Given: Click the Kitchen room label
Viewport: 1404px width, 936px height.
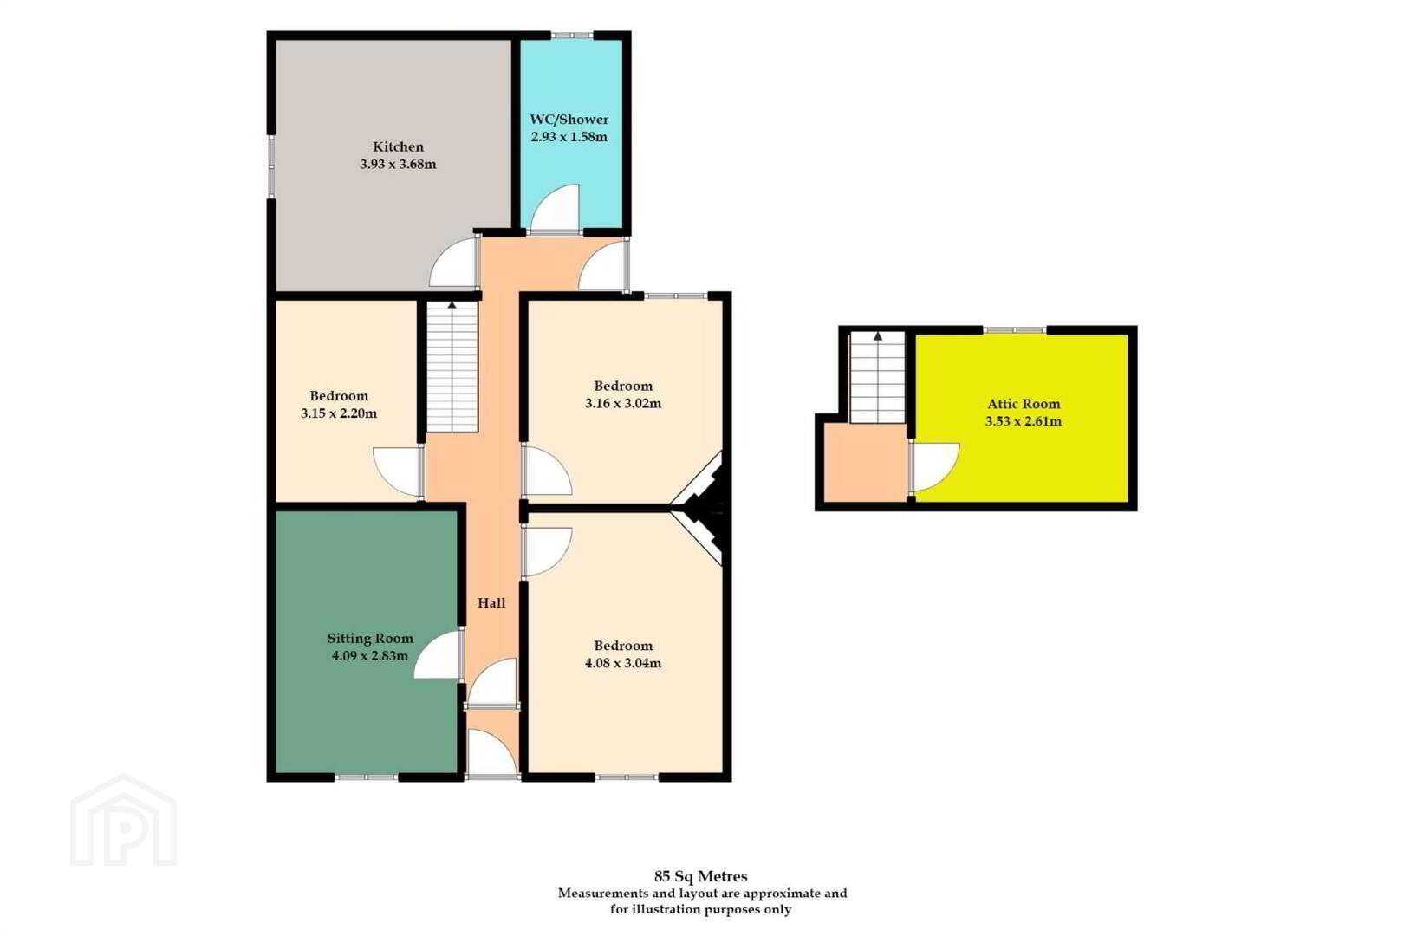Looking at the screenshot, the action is pos(398,146).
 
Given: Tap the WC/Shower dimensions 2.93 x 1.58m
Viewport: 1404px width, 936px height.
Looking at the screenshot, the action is pos(569,137).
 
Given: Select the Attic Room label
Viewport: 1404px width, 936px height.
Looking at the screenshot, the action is pos(1024,404).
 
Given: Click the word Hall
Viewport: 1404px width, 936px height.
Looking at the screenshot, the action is pos(491,603).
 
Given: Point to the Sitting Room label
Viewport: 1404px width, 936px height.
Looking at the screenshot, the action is pos(370,639).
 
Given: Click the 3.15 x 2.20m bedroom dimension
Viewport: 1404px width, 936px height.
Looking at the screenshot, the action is pos(339,413).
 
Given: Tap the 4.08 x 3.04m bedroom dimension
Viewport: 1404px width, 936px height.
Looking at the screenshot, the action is pos(623,663).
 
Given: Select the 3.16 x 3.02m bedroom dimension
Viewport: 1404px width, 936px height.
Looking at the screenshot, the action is pos(623,403).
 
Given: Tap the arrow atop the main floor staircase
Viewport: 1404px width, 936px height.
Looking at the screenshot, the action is pos(452,305).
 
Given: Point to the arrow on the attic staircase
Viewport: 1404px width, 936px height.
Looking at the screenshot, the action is pos(878,336).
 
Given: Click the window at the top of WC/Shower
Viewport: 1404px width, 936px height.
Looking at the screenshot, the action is pos(572,36).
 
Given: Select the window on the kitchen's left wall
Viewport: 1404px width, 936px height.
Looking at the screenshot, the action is pos(271,166).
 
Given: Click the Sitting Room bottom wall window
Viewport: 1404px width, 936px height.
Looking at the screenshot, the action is pos(367,777).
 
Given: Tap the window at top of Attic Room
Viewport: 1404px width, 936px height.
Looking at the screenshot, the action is pos(1015,329).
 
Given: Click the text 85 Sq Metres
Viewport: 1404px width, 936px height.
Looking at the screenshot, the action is pos(701,876).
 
